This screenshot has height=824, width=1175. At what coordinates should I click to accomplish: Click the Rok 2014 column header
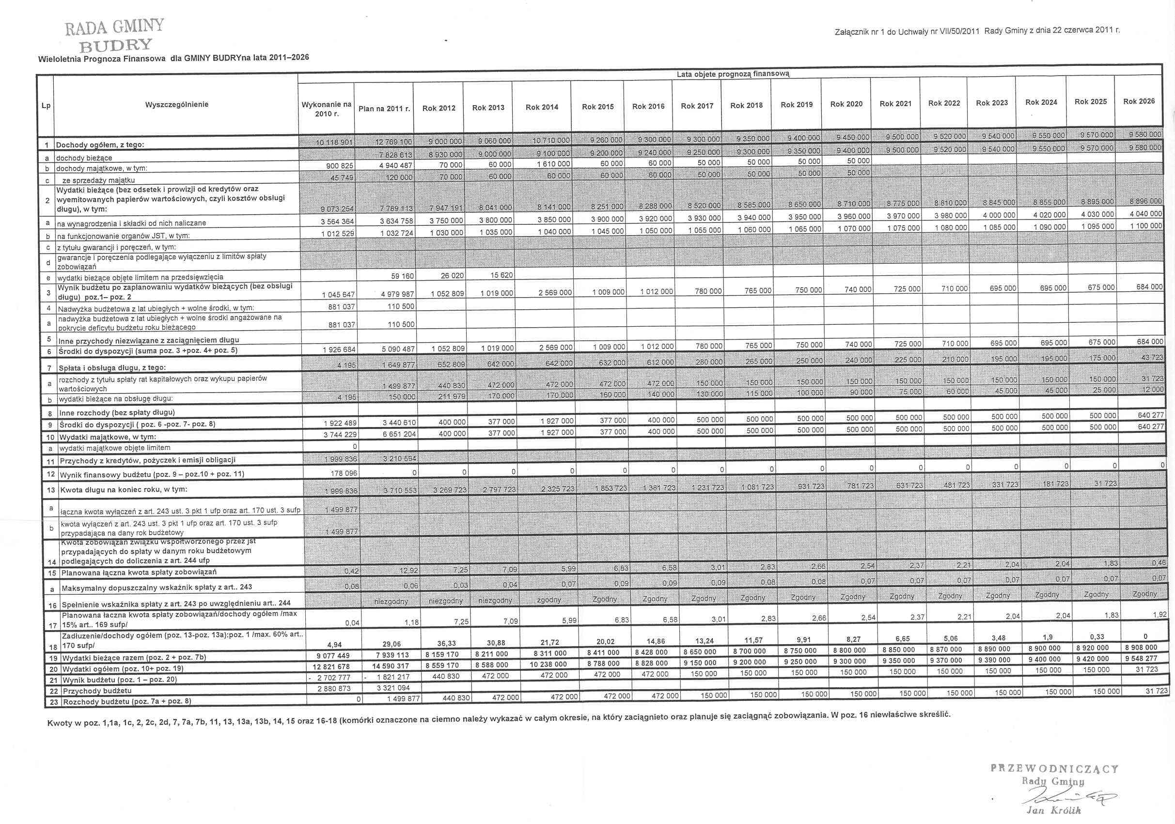pos(541,108)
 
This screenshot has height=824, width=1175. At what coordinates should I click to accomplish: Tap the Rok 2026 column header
pos(1139,101)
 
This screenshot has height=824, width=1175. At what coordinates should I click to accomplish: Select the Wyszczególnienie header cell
pos(176,104)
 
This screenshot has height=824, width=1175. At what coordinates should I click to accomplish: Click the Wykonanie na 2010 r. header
pos(327,109)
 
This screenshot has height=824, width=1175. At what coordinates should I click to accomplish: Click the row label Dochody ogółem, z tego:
pos(100,145)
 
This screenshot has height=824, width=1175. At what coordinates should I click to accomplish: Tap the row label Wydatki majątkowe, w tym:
pos(108,437)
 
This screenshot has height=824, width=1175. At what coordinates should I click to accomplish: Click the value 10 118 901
pos(335,143)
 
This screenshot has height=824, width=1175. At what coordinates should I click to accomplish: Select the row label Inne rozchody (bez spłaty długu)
pos(117,412)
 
